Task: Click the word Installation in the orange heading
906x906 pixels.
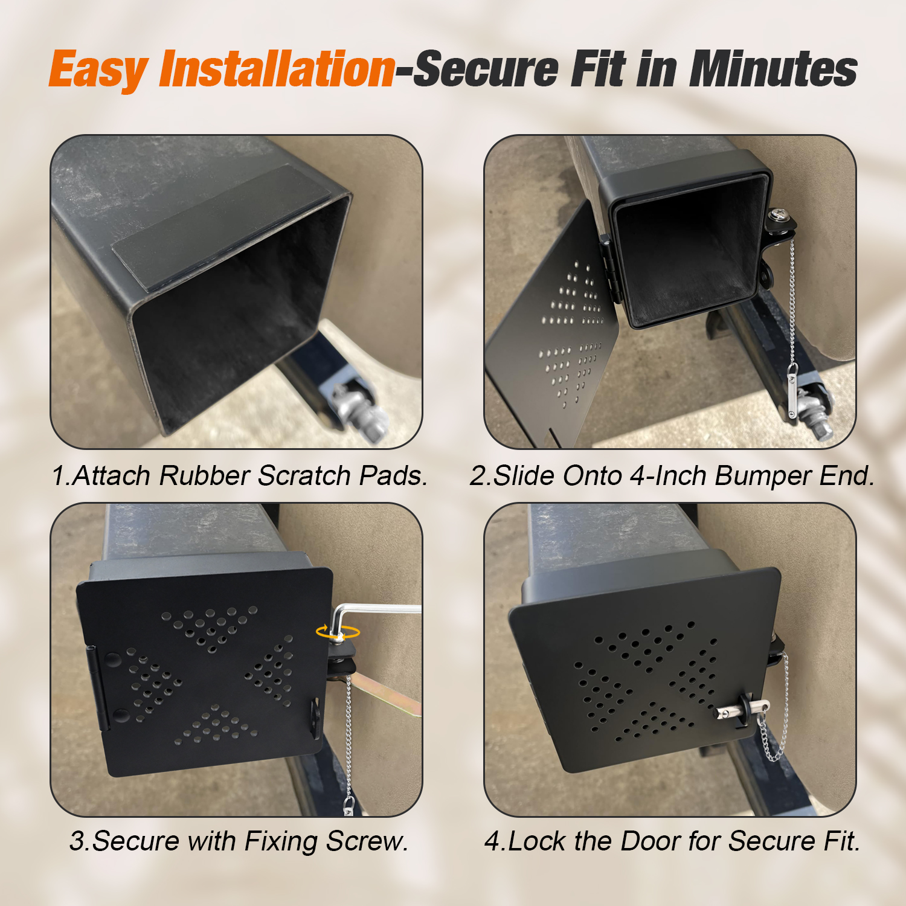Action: (x=277, y=69)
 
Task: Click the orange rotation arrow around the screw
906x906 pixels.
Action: (x=338, y=632)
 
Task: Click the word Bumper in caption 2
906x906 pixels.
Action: (x=763, y=477)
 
